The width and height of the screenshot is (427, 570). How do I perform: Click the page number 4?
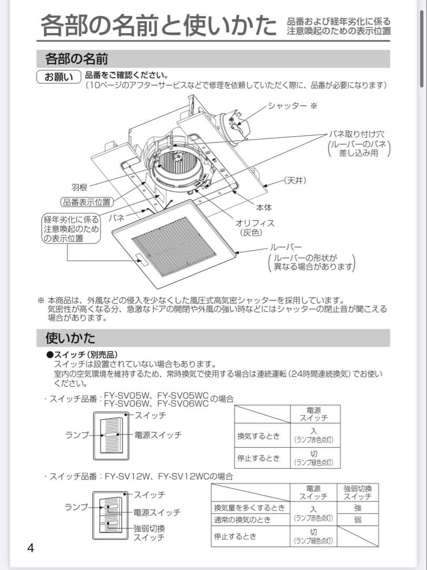[31, 548]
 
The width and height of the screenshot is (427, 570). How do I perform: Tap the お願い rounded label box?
[59, 77]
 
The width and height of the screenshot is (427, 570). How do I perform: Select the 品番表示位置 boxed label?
[86, 202]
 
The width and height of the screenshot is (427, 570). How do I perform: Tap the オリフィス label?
[255, 223]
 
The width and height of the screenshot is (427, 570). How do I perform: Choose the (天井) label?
[295, 180]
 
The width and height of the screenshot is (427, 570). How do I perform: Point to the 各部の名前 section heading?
[77, 58]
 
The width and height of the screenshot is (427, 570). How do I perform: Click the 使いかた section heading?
[70, 337]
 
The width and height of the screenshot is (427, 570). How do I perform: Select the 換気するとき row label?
[258, 436]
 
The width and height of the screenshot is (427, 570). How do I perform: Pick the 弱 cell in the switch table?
[357, 520]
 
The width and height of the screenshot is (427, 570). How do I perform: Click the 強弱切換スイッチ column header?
[357, 492]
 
